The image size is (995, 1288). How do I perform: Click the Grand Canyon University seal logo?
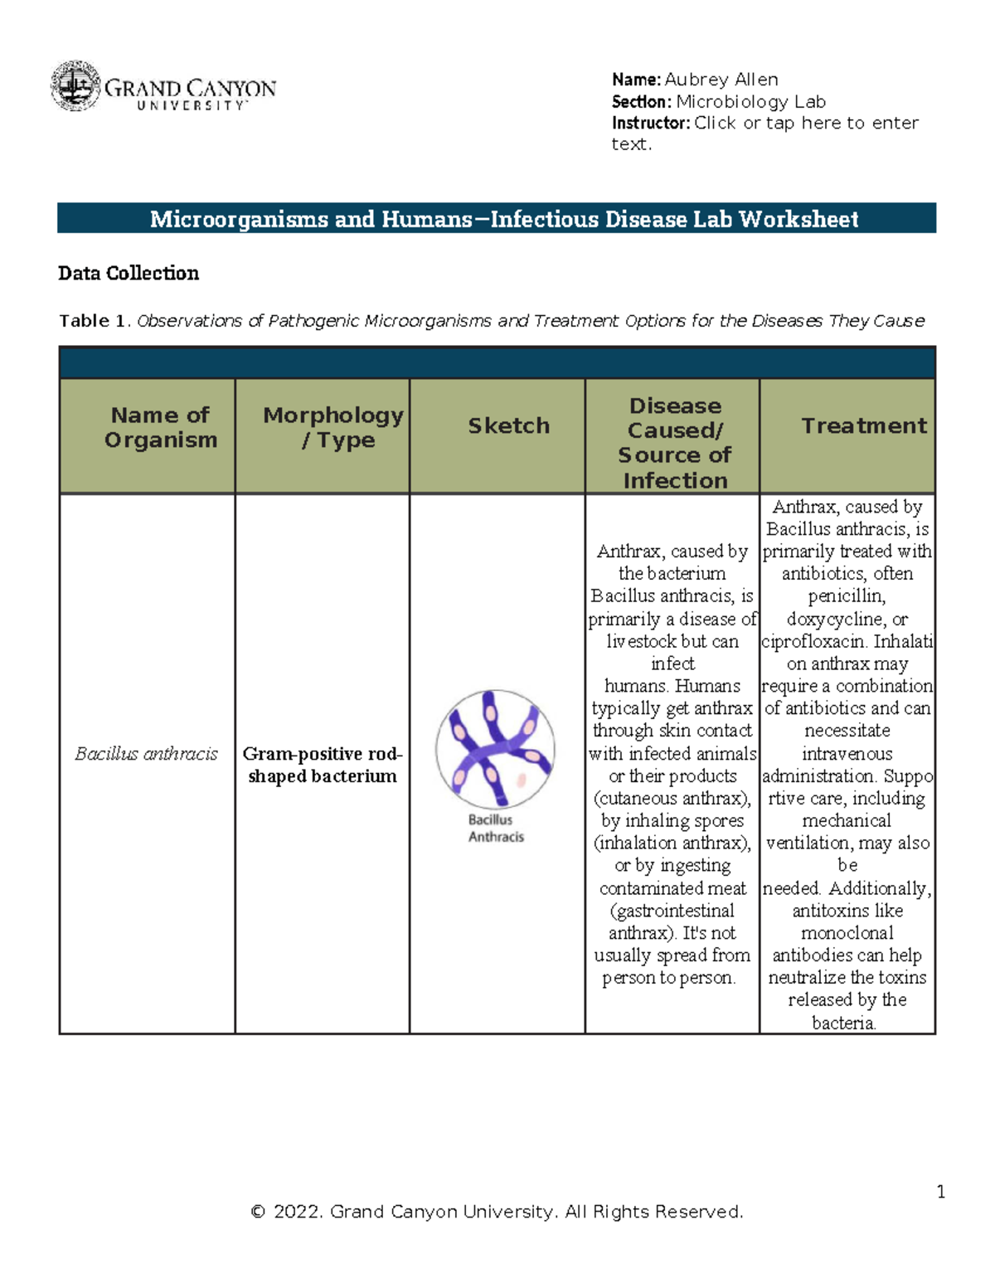(x=75, y=86)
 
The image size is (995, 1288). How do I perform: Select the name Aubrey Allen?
(x=721, y=80)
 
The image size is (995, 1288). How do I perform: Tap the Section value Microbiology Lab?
(x=750, y=102)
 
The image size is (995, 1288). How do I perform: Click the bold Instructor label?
(x=650, y=124)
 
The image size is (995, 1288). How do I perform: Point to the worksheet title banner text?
(x=504, y=219)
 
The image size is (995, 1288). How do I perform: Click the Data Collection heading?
(x=129, y=274)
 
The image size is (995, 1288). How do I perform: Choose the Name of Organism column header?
(x=160, y=427)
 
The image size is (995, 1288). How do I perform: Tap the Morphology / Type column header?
(x=333, y=427)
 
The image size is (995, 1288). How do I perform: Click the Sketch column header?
(x=508, y=426)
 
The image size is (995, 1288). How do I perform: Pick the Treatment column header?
(x=863, y=426)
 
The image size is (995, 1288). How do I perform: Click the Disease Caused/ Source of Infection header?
(x=674, y=443)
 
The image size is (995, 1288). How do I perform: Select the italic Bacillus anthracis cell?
(x=146, y=754)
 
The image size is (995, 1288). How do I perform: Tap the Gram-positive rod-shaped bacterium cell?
(x=322, y=765)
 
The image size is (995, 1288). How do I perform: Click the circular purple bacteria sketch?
(x=495, y=749)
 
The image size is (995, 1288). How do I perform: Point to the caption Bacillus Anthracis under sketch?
(x=495, y=829)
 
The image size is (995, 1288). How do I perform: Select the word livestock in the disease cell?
(x=643, y=642)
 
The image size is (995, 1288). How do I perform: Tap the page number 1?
(x=941, y=1193)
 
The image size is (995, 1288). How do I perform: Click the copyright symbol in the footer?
(x=258, y=1213)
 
